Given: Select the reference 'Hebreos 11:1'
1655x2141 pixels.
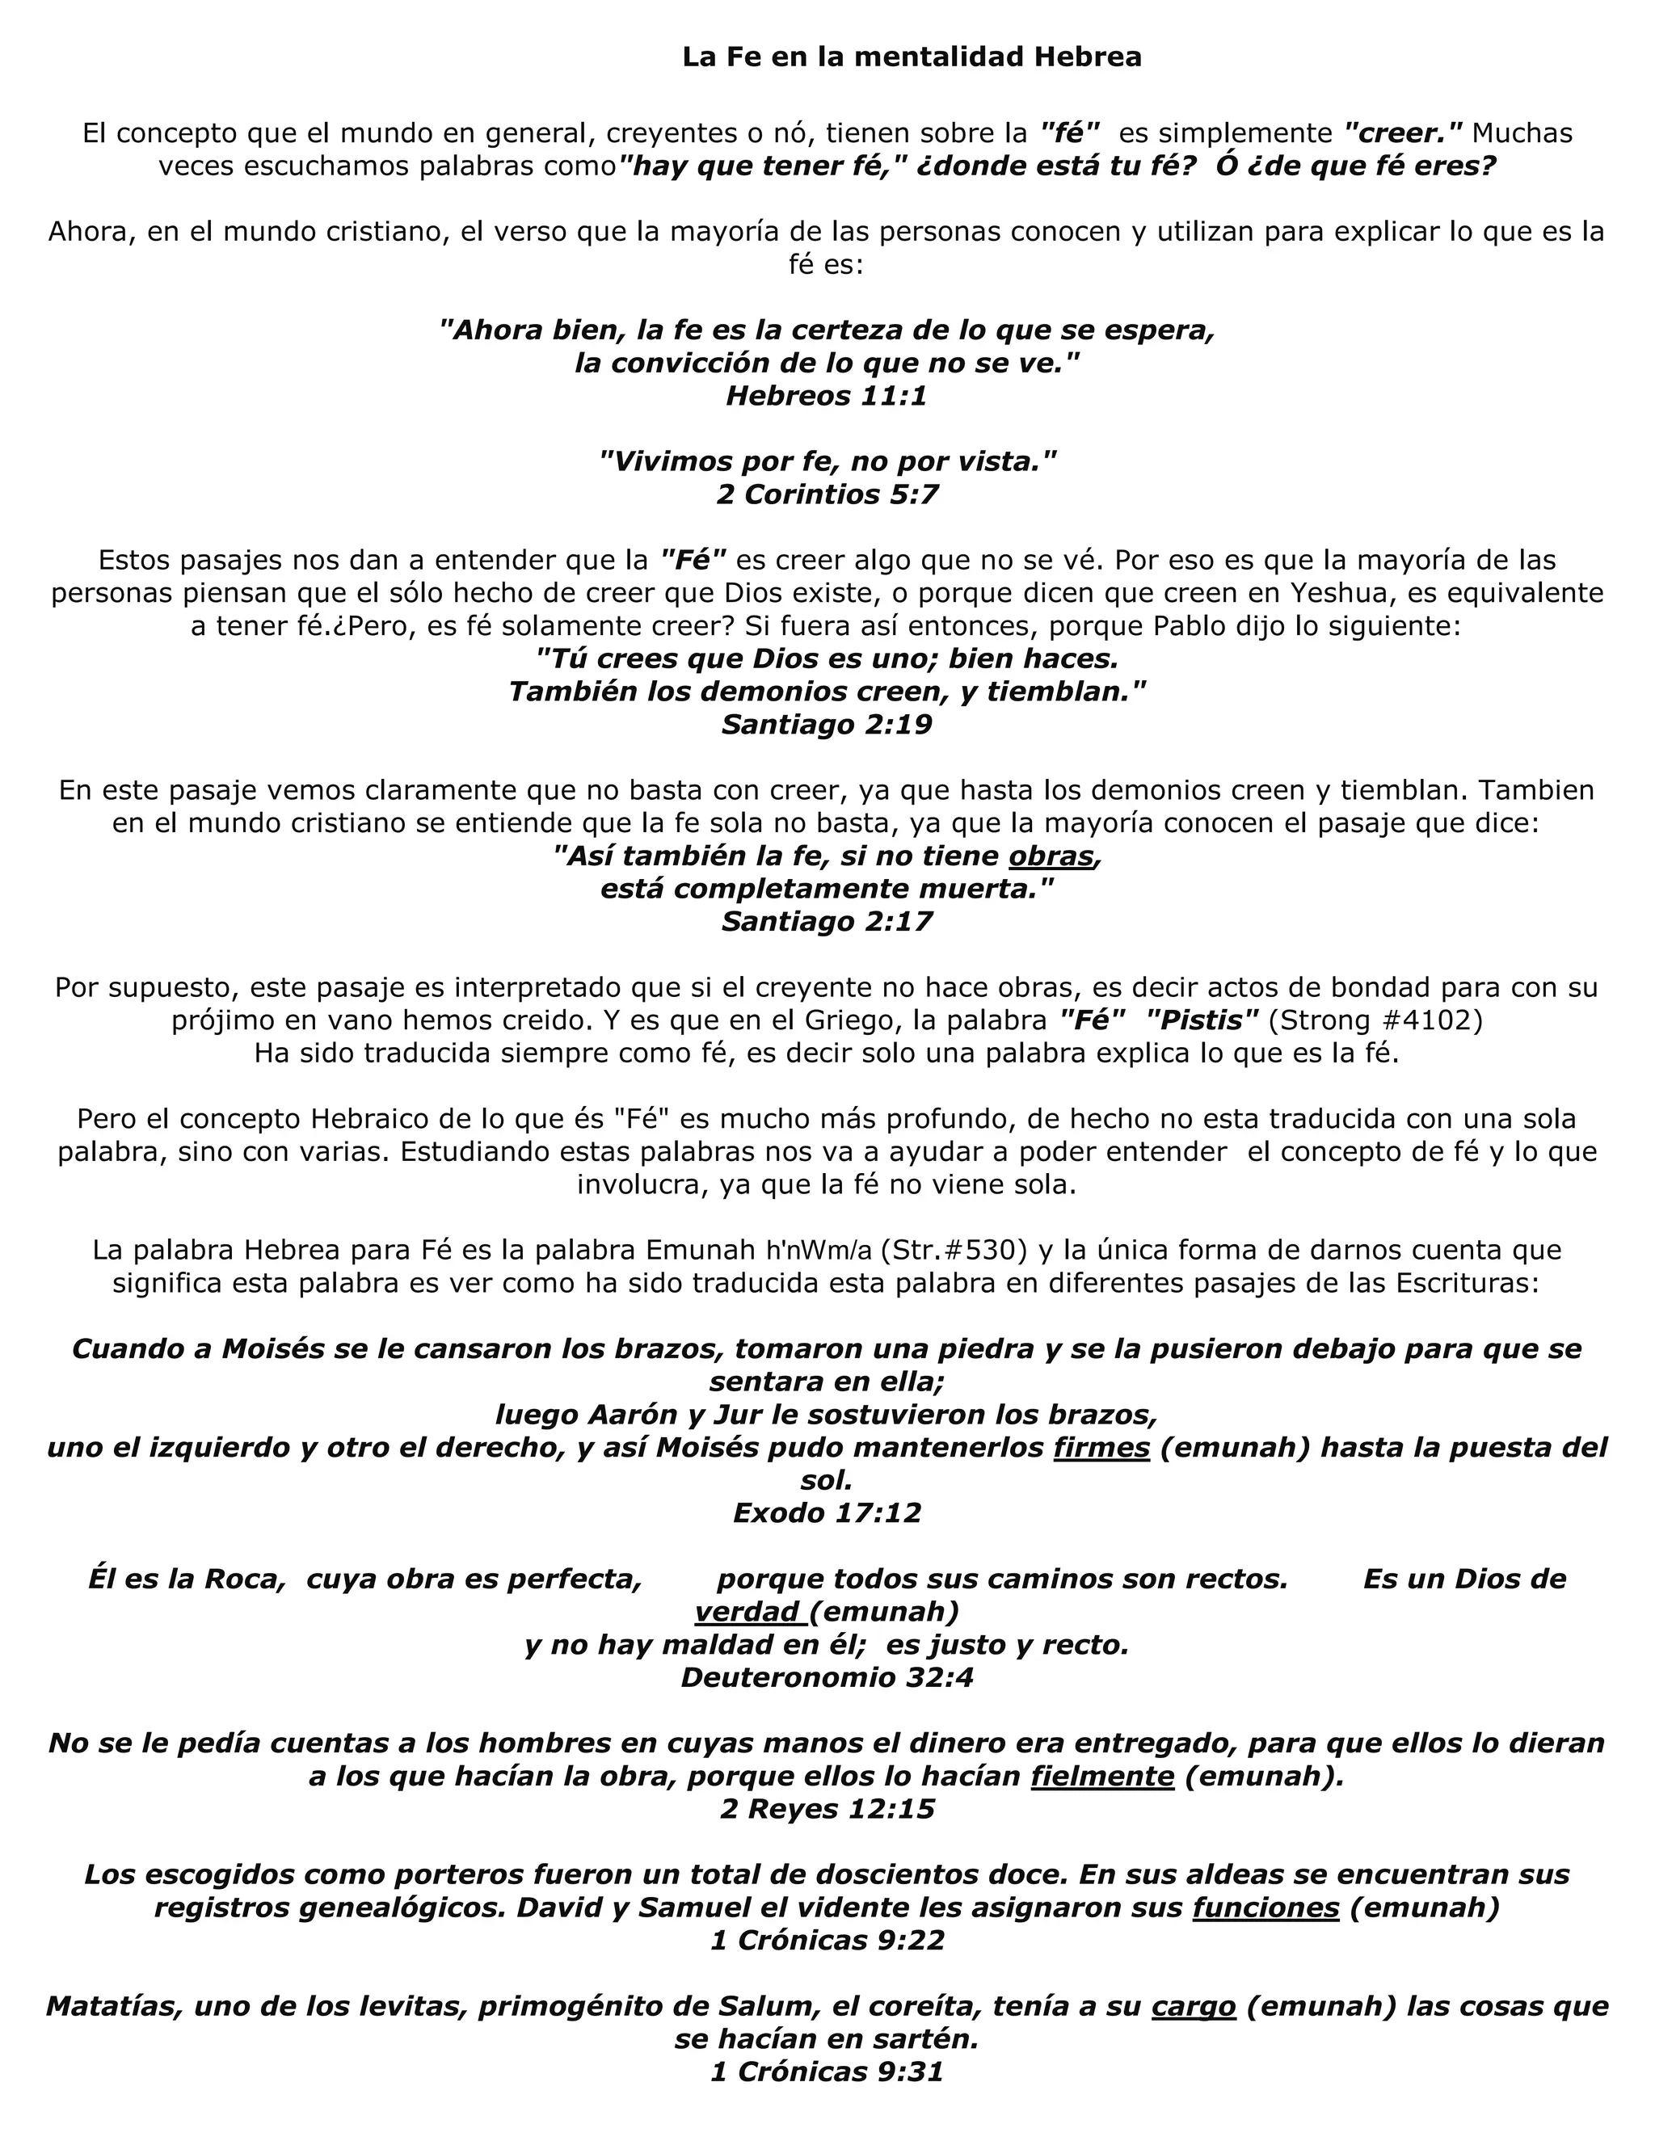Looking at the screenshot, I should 827,396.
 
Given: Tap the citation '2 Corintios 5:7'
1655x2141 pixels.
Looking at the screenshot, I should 827,494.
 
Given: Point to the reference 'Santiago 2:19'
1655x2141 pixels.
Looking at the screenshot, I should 827,725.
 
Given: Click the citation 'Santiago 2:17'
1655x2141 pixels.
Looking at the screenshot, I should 827,922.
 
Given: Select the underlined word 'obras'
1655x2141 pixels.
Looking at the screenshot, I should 1051,856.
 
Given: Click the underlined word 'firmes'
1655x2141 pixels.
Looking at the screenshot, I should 1101,1447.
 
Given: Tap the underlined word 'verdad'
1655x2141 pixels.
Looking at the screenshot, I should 747,1612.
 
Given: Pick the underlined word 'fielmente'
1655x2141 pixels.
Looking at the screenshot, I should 1102,1777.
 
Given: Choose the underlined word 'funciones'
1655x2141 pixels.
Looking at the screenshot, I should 1265,1908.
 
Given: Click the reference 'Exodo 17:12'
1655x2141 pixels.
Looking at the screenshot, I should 827,1512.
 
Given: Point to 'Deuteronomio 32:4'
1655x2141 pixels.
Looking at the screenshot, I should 827,1677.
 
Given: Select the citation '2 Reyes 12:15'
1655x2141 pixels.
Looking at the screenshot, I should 827,1809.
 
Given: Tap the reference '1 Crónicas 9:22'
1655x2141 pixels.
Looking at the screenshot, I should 827,1940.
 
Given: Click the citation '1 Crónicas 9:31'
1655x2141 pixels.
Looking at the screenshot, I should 827,2072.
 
